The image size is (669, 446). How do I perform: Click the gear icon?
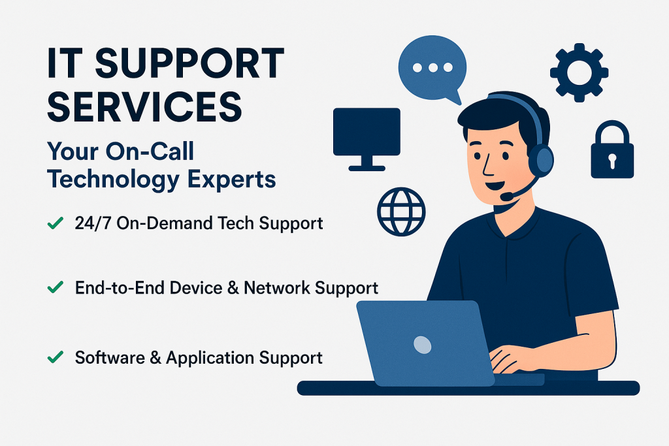(579, 72)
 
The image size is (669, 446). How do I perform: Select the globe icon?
(401, 212)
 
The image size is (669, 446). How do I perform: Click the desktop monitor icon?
(367, 139)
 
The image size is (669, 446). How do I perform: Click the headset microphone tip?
(507, 196)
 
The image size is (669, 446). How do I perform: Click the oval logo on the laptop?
(423, 345)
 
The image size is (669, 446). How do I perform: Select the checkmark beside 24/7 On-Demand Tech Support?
(56, 223)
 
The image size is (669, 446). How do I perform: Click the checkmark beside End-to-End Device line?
(56, 287)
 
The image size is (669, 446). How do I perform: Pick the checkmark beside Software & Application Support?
(56, 357)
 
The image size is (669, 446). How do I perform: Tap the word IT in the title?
(65, 63)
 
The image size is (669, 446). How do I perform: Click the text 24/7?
(93, 223)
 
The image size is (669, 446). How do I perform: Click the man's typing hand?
(510, 359)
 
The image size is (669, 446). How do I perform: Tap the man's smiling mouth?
(495, 185)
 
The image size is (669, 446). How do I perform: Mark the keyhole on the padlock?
(613, 161)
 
